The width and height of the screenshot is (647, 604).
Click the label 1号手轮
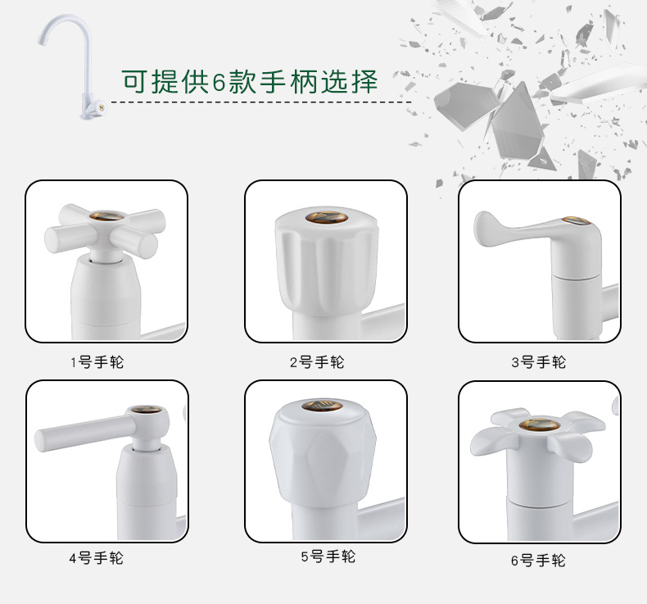pyautogui.click(x=97, y=362)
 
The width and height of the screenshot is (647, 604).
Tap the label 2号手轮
pyautogui.click(x=317, y=362)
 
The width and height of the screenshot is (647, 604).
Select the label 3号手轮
pyautogui.click(x=538, y=362)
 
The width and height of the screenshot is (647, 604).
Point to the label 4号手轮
pyautogui.click(x=96, y=558)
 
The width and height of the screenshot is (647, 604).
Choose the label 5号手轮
pyautogui.click(x=328, y=556)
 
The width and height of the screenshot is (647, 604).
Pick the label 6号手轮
pyautogui.click(x=538, y=561)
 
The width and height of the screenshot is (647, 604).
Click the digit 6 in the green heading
pyautogui.click(x=219, y=82)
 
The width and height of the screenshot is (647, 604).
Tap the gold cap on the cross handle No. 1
pyautogui.click(x=106, y=216)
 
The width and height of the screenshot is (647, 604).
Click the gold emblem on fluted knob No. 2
pyautogui.click(x=327, y=217)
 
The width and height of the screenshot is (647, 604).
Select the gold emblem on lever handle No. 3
pyautogui.click(x=577, y=221)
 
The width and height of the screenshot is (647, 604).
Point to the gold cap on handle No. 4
pyautogui.click(x=146, y=410)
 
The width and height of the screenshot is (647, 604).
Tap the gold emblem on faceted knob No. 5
pyautogui.click(x=322, y=405)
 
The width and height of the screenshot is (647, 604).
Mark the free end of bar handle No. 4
pyautogui.click(x=39, y=441)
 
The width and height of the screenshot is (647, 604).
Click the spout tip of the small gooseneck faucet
pyautogui.click(x=41, y=40)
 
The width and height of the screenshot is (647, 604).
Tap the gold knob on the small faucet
pyautogui.click(x=102, y=108)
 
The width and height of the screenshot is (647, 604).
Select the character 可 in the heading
pyautogui.click(x=135, y=81)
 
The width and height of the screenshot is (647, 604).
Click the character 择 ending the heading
pyautogui.click(x=364, y=81)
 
